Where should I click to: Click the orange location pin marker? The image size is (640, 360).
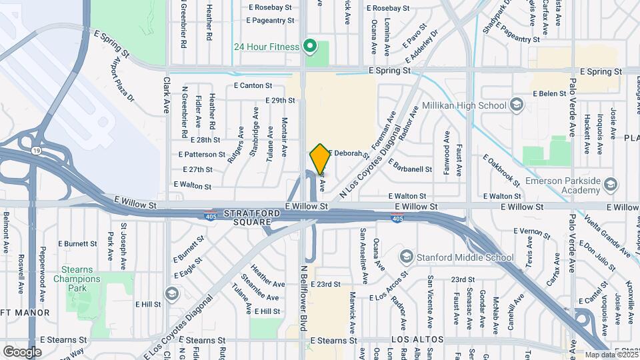coord(320,159)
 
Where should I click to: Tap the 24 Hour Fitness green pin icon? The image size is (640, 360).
coord(309,46)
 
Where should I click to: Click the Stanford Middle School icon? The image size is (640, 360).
coord(406,257)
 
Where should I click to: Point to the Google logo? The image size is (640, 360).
coord(22,351)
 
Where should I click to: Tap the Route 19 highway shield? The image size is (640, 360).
coord(35,151)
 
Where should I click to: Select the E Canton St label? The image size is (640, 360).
coord(253,85)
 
